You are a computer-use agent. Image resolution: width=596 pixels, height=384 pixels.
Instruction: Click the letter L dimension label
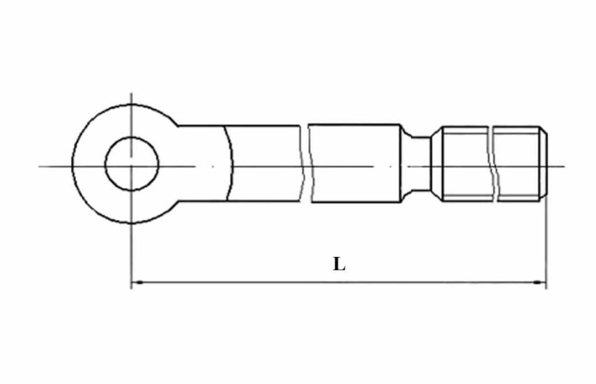(x=339, y=264)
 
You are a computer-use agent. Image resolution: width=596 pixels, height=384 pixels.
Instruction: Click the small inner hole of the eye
(x=132, y=164)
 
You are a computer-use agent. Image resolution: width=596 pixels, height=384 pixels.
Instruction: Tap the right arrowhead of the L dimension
(x=539, y=282)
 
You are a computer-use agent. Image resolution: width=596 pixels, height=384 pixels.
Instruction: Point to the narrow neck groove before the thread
(x=417, y=163)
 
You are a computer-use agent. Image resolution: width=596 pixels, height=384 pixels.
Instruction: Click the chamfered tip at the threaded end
(x=544, y=163)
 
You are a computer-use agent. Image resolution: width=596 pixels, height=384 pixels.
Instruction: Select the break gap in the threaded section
(x=493, y=163)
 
